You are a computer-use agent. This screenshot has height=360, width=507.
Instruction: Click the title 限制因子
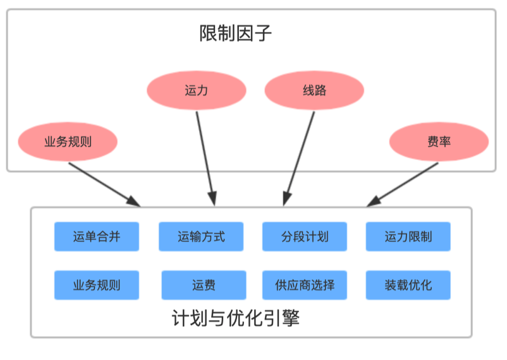235,33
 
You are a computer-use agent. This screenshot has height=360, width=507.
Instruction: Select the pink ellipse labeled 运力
197,90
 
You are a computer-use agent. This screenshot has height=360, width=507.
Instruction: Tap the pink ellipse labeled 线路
314,90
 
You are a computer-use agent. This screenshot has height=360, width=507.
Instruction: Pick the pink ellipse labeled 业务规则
68,141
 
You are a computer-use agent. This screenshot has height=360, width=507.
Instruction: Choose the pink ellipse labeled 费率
439,141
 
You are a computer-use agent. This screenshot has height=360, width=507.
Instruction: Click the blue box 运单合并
97,237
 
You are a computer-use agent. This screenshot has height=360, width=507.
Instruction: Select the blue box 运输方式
201,237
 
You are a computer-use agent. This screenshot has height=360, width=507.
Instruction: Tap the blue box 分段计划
305,237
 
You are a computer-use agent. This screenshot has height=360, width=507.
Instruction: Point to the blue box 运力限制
408,237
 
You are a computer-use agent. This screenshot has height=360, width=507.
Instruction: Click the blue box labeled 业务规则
97,285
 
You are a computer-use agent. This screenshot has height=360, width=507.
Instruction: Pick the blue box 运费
204,285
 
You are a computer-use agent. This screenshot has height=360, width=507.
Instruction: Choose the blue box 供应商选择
305,285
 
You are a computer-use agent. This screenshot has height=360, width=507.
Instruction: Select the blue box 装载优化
408,285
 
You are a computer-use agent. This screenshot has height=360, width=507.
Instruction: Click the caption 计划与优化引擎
236,318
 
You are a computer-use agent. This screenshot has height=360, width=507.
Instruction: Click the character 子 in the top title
263,33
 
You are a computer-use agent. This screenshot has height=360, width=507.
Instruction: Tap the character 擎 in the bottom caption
291,318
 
